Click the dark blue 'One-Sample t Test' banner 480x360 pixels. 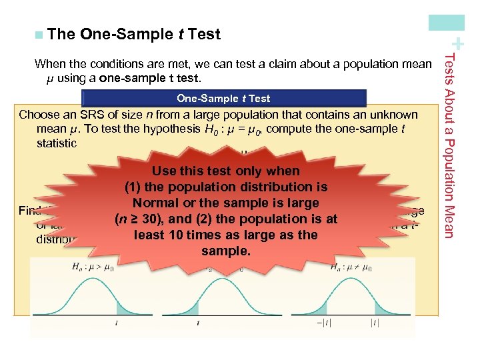click(223, 99)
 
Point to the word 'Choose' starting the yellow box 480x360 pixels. click(38, 115)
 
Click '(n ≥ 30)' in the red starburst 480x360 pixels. click(139, 219)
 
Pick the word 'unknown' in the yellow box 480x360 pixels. click(397, 115)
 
